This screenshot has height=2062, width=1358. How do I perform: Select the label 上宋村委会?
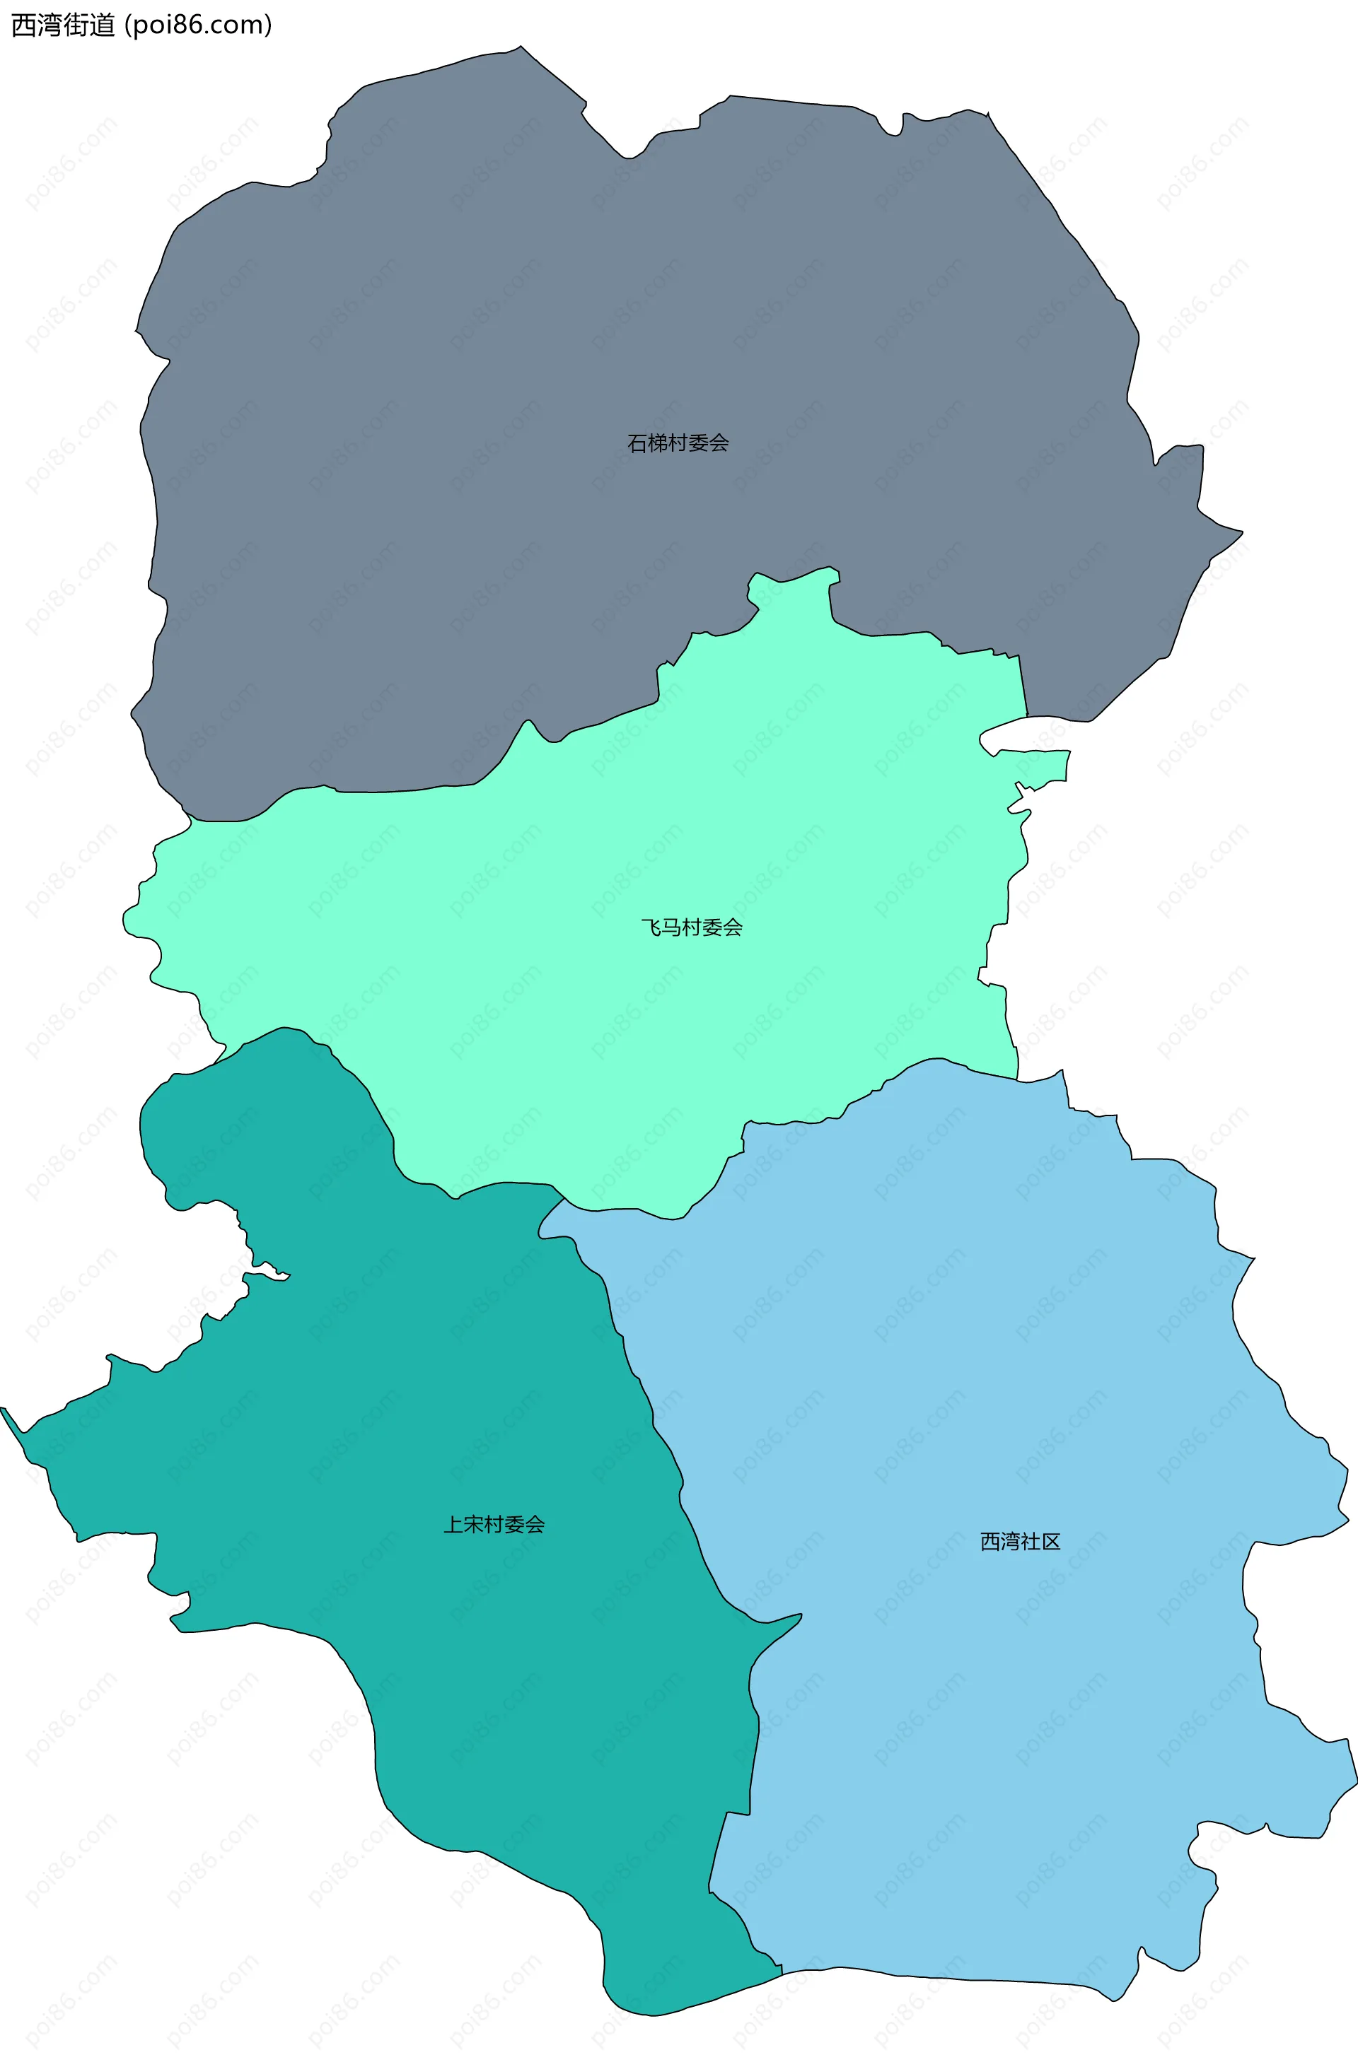click(x=494, y=1525)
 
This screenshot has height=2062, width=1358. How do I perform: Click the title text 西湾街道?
click(x=62, y=25)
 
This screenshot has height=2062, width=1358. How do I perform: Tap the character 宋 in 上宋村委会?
click(x=473, y=1525)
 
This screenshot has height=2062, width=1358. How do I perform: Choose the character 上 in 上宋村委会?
click(x=453, y=1525)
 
